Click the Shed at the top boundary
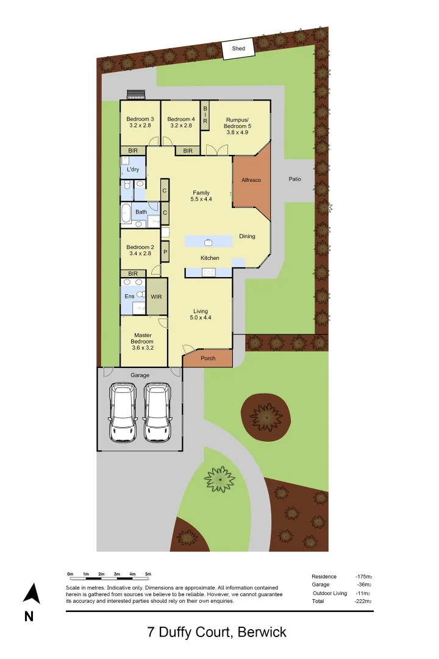(x=234, y=49)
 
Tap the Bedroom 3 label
(x=140, y=119)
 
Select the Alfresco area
(x=251, y=181)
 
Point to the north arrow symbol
(x=32, y=594)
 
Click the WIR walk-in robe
(x=157, y=297)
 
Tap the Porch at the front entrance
(x=208, y=358)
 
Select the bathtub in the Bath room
(x=126, y=213)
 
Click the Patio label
(x=295, y=179)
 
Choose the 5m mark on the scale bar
(x=148, y=574)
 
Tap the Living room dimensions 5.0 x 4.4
(x=201, y=317)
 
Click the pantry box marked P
(x=165, y=251)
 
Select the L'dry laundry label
(x=133, y=169)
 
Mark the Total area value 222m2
(x=363, y=601)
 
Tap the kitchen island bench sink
(x=208, y=242)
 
